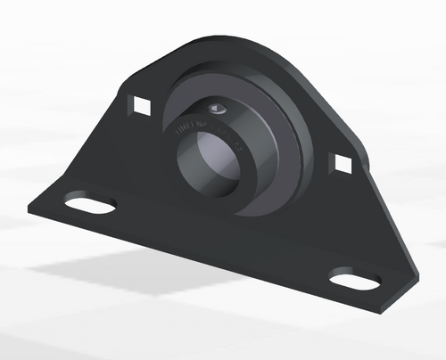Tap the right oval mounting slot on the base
pyautogui.click(x=354, y=281)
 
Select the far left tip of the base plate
pyautogui.click(x=29, y=205)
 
